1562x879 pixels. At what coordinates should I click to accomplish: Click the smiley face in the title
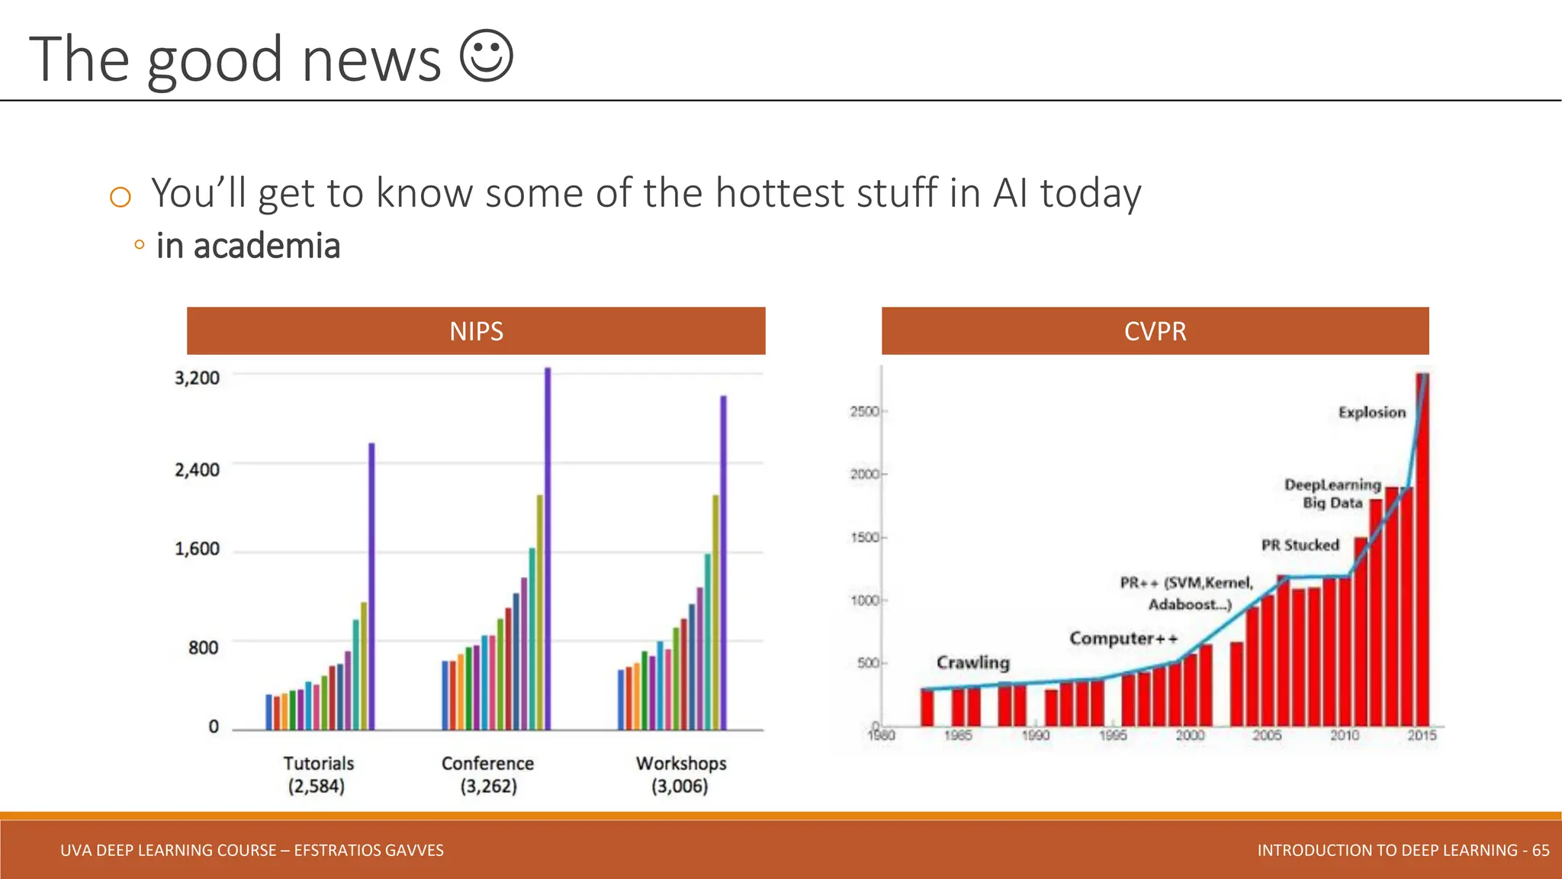pos(487,56)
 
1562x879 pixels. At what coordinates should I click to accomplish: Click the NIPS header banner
pos(476,331)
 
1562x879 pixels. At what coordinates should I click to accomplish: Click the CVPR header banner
pos(1155,331)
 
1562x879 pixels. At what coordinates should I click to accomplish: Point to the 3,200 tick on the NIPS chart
pos(197,378)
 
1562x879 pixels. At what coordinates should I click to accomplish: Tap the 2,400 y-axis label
pos(197,469)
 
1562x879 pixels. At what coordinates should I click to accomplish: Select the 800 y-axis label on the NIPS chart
pos(203,648)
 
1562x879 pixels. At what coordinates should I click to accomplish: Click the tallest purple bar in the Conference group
pos(548,549)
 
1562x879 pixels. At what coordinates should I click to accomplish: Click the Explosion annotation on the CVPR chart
pos(1371,413)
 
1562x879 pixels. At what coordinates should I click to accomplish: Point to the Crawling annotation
pos(972,662)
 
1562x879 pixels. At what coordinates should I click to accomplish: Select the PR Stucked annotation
pos(1300,545)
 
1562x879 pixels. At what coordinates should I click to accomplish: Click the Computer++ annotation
pos(1123,638)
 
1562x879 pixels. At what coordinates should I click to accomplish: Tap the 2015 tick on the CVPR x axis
pos(1422,735)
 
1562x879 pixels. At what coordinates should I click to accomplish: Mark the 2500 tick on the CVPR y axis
pos(865,412)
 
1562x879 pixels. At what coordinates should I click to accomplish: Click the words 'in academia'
pos(248,246)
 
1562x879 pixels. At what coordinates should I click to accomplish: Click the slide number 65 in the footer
pos(1540,850)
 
